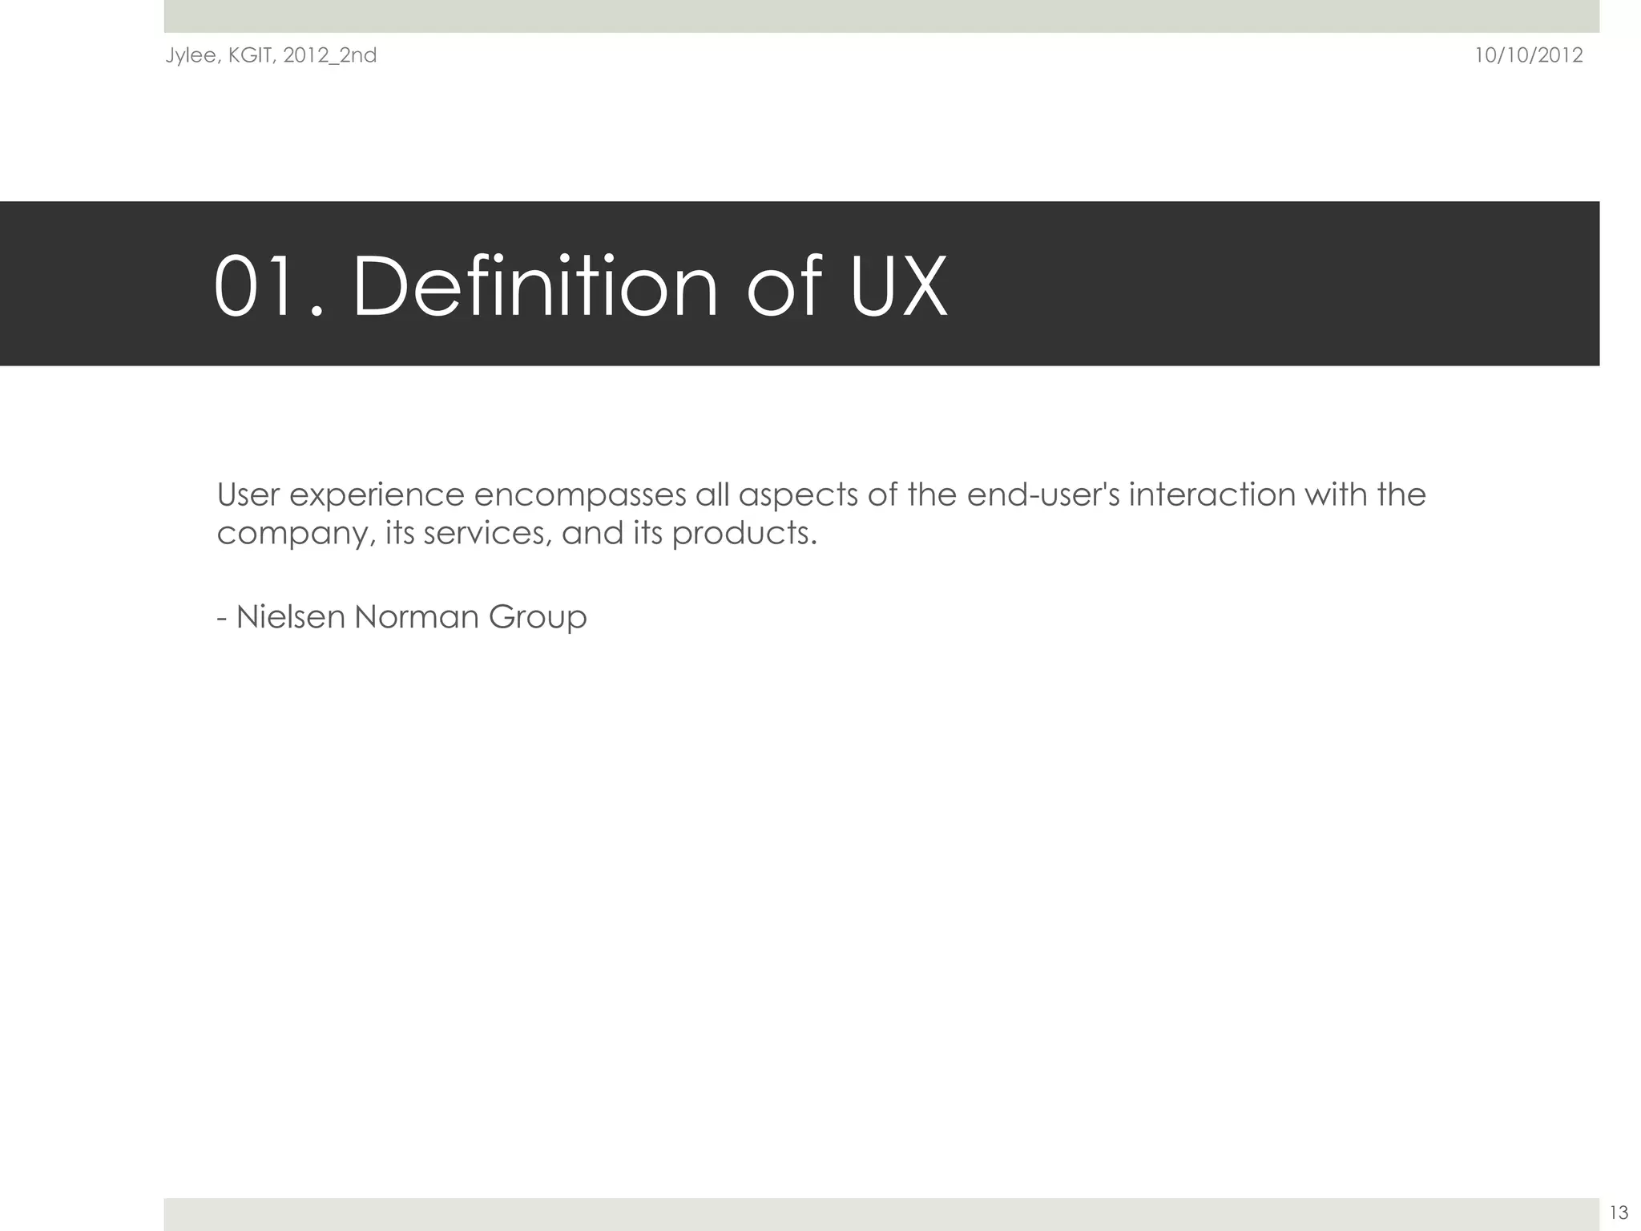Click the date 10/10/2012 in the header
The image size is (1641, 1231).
[1528, 55]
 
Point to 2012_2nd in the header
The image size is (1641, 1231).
[329, 56]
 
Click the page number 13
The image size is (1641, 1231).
[1619, 1213]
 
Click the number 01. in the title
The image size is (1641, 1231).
[269, 286]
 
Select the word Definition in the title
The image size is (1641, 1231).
[535, 286]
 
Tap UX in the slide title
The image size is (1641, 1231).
[898, 286]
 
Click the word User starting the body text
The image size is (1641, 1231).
[248, 494]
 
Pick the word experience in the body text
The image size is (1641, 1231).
[377, 496]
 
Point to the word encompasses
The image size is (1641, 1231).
[580, 496]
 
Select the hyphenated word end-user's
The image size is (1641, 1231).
[1043, 494]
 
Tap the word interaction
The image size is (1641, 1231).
[1212, 494]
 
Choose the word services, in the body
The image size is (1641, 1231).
[488, 533]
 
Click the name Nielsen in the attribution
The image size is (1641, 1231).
[290, 617]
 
